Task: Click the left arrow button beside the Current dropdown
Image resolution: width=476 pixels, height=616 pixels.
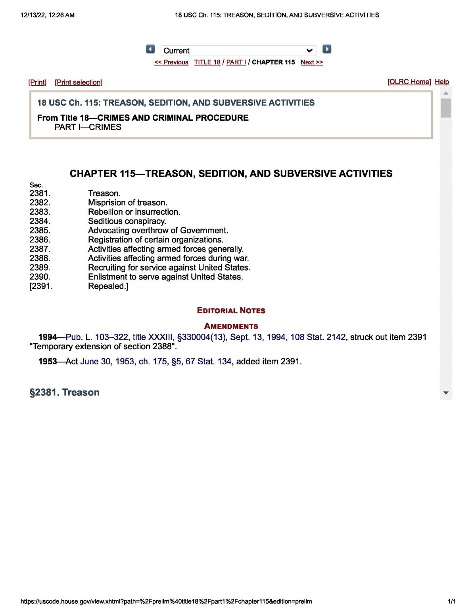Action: pos(150,49)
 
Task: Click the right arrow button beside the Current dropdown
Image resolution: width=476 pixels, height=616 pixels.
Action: pos(327,49)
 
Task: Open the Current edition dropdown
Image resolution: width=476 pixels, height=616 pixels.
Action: pos(238,50)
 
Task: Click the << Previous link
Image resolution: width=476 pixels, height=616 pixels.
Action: pos(171,62)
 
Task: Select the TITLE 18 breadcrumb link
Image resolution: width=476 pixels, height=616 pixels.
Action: pos(207,62)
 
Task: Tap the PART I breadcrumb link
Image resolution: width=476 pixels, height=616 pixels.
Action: pos(236,62)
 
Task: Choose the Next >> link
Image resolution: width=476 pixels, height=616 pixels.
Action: pos(312,62)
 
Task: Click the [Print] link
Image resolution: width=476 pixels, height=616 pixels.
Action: pos(37,82)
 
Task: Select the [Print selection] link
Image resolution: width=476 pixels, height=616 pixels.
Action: pos(79,82)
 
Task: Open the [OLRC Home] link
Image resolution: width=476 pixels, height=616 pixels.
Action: pos(409,82)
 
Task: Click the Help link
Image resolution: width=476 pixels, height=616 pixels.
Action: pos(442,82)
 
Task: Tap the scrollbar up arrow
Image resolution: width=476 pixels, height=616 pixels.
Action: pos(446,93)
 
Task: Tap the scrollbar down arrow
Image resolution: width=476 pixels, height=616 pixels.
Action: pos(446,393)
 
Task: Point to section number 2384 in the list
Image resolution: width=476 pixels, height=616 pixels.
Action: pos(40,221)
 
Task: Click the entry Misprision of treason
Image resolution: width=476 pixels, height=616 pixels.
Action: pos(128,202)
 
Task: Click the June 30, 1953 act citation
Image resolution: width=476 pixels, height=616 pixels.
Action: pos(155,361)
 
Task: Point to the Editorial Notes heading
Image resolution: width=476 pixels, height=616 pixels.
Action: pos(231,310)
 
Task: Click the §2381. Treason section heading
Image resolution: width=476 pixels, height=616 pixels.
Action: pos(65,392)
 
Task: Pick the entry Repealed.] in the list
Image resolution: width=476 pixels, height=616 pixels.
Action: pos(108,286)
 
